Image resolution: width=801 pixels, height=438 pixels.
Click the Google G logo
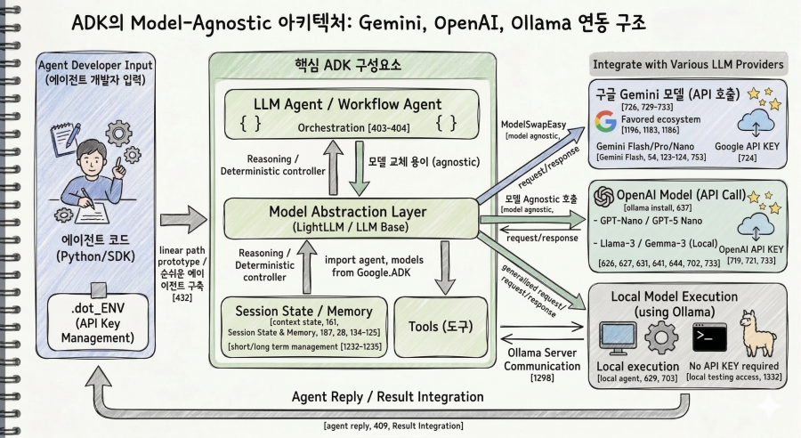[x=606, y=122]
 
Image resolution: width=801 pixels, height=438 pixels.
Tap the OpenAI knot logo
[x=603, y=196]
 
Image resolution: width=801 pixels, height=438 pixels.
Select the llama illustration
[x=757, y=333]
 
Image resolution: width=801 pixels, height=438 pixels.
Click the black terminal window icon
[x=709, y=337]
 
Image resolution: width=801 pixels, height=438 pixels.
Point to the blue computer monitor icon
[x=619, y=338]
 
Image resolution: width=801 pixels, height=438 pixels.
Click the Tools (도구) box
[x=441, y=327]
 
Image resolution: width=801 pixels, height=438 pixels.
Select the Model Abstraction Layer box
[x=351, y=219]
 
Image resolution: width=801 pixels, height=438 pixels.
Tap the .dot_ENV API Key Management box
[x=98, y=322]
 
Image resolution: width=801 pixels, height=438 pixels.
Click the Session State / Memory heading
[x=304, y=312]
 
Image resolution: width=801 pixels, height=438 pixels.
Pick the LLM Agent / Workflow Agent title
[x=347, y=104]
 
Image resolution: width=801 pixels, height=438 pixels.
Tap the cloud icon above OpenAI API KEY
[x=756, y=226]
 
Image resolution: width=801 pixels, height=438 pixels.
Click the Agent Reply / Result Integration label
[x=388, y=397]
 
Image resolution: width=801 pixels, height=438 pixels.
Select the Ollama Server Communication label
[x=542, y=360]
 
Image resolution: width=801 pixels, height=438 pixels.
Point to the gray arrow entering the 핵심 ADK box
[x=183, y=220]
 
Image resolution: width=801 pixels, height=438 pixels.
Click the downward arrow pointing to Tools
[x=445, y=268]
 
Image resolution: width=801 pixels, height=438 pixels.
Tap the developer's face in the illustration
[x=96, y=160]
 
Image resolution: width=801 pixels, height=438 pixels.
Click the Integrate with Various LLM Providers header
[x=688, y=64]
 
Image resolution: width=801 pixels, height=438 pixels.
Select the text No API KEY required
[x=733, y=366]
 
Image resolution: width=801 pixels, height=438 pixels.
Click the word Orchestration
[x=331, y=128]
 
